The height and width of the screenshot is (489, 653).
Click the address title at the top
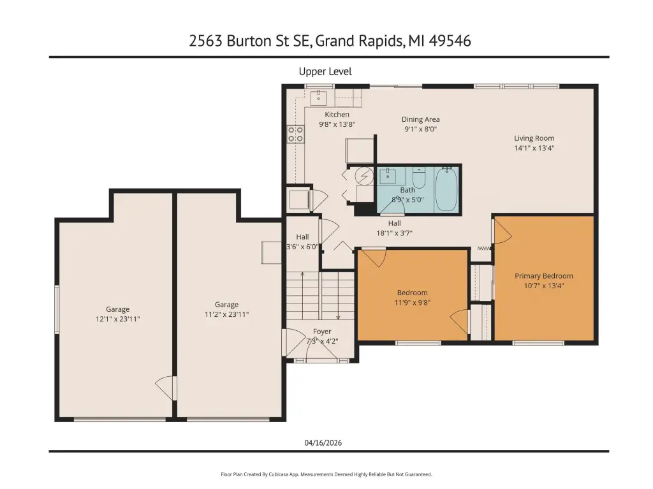330,41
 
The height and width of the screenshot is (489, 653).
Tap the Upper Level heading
325,71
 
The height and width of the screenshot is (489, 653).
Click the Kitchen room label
337,114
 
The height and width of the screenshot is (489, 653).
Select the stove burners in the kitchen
296,134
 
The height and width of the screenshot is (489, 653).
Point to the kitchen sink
319,97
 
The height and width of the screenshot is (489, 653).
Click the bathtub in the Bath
446,189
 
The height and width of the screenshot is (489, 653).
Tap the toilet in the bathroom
418,177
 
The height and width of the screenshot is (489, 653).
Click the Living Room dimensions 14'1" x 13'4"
534,148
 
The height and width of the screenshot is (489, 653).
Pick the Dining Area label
421,120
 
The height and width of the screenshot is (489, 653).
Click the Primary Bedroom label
544,275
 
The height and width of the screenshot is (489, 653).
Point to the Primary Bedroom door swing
502,231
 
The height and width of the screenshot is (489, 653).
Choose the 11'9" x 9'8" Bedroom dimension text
413,303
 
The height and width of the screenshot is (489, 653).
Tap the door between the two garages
165,388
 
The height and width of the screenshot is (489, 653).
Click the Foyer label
322,332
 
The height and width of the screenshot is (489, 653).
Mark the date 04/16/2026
323,442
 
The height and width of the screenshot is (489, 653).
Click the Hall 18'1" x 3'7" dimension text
394,233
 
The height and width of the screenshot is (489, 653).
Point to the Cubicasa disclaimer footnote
326,474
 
